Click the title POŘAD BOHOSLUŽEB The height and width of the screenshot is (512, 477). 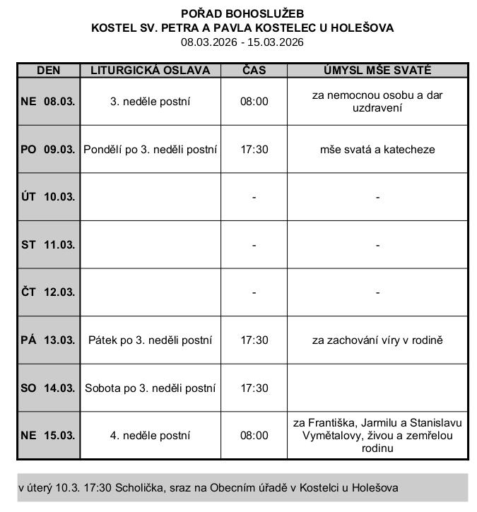[x=242, y=13]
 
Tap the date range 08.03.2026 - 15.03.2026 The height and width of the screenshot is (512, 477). [x=242, y=42]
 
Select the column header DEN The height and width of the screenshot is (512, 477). [x=48, y=71]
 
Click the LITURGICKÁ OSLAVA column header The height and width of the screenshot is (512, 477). [x=151, y=71]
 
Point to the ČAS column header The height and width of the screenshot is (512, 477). [x=254, y=71]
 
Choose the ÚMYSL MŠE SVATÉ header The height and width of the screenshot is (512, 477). [x=377, y=71]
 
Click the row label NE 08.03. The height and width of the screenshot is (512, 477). [x=48, y=101]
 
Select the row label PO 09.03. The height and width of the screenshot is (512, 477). [x=48, y=149]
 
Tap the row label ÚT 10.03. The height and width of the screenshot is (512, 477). [x=48, y=197]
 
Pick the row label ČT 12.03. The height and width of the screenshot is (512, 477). [x=48, y=292]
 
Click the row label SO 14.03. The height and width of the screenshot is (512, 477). [x=48, y=388]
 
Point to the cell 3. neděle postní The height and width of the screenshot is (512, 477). [x=151, y=101]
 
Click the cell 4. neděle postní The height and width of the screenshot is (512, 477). [x=151, y=435]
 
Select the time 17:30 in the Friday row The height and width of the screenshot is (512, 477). [x=254, y=340]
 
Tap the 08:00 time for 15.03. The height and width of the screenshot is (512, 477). [x=254, y=435]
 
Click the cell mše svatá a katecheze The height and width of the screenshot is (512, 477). [x=377, y=149]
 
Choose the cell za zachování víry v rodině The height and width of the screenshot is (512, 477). [x=377, y=340]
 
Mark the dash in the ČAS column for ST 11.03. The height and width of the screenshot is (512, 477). [x=254, y=245]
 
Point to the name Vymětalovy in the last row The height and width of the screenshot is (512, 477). [x=330, y=435]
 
